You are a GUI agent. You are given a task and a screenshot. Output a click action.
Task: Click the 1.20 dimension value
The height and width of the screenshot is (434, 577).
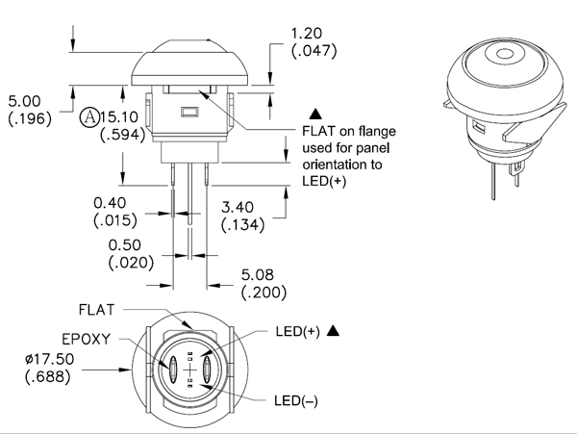coord(307,34)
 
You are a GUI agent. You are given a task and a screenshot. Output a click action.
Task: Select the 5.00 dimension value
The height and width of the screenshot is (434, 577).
coord(24,101)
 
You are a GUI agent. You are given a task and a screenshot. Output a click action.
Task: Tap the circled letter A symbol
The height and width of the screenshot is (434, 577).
coord(89,117)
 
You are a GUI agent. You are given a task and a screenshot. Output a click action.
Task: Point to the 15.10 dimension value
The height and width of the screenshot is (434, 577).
coord(119,117)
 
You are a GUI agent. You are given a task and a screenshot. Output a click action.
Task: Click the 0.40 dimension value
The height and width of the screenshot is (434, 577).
coord(110,203)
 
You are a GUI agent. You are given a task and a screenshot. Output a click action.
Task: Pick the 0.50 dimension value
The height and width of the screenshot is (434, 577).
coord(125,245)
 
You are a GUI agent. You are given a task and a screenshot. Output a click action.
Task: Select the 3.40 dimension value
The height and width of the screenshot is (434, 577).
coord(238,208)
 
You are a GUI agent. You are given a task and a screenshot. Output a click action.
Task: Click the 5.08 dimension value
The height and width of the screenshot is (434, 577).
coord(258,275)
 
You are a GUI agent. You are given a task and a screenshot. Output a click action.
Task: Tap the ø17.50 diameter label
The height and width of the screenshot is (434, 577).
coord(50,359)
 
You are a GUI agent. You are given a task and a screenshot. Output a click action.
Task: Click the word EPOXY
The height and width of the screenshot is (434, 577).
coord(87,339)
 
